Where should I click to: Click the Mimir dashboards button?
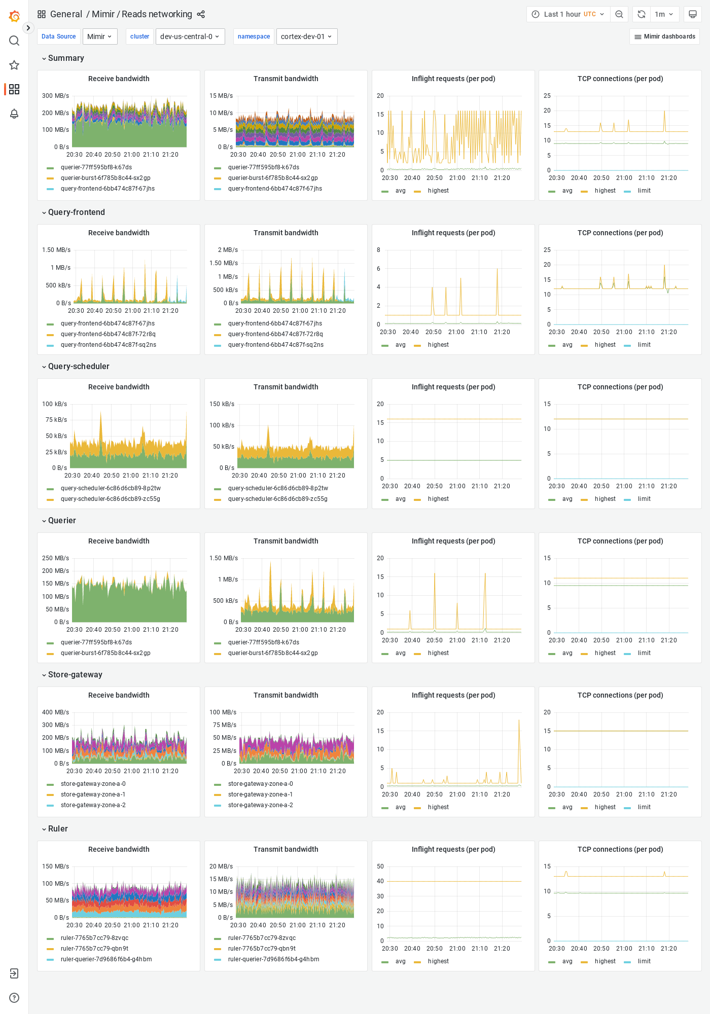[664, 37]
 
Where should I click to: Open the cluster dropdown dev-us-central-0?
[190, 37]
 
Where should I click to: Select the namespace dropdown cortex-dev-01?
[306, 37]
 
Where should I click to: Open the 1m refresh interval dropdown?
[664, 14]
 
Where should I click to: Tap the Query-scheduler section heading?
[79, 366]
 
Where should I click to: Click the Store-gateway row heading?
[75, 674]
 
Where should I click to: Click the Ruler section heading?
[58, 828]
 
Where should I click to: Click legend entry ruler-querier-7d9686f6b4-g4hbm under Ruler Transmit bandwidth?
[273, 959]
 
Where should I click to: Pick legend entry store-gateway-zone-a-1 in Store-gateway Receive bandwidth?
[93, 794]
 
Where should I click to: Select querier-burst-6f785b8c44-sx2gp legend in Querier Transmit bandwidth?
[272, 653]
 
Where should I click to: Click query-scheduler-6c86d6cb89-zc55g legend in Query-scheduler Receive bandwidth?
[110, 498]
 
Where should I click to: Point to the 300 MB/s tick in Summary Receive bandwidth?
[55, 96]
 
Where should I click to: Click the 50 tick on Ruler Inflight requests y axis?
[380, 866]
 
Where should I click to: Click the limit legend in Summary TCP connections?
[644, 191]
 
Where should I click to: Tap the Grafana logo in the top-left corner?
[14, 16]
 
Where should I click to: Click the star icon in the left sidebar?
[14, 65]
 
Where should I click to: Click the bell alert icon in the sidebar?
[14, 114]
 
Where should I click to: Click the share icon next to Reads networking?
[201, 14]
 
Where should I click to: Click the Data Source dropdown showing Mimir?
[99, 37]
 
